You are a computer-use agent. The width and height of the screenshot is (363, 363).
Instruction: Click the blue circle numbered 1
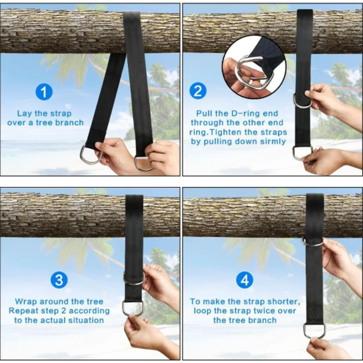tap(44, 92)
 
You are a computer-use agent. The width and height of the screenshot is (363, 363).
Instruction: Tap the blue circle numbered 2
tap(198, 91)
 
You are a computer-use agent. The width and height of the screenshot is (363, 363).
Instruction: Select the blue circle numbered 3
tap(59, 280)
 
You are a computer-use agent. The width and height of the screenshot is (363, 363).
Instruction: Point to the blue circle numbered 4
tap(245, 280)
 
